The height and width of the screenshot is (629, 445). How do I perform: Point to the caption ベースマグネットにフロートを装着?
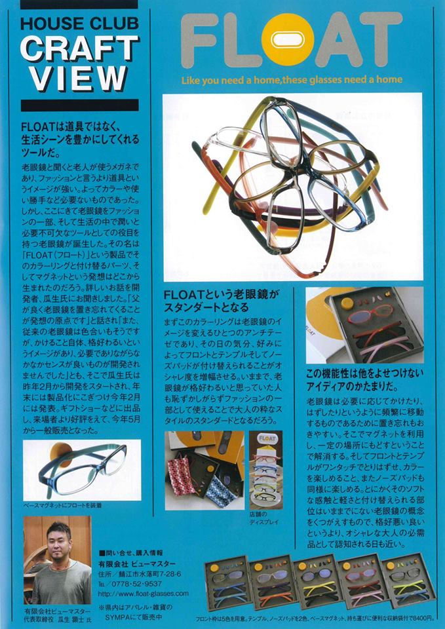[x=63, y=505]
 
